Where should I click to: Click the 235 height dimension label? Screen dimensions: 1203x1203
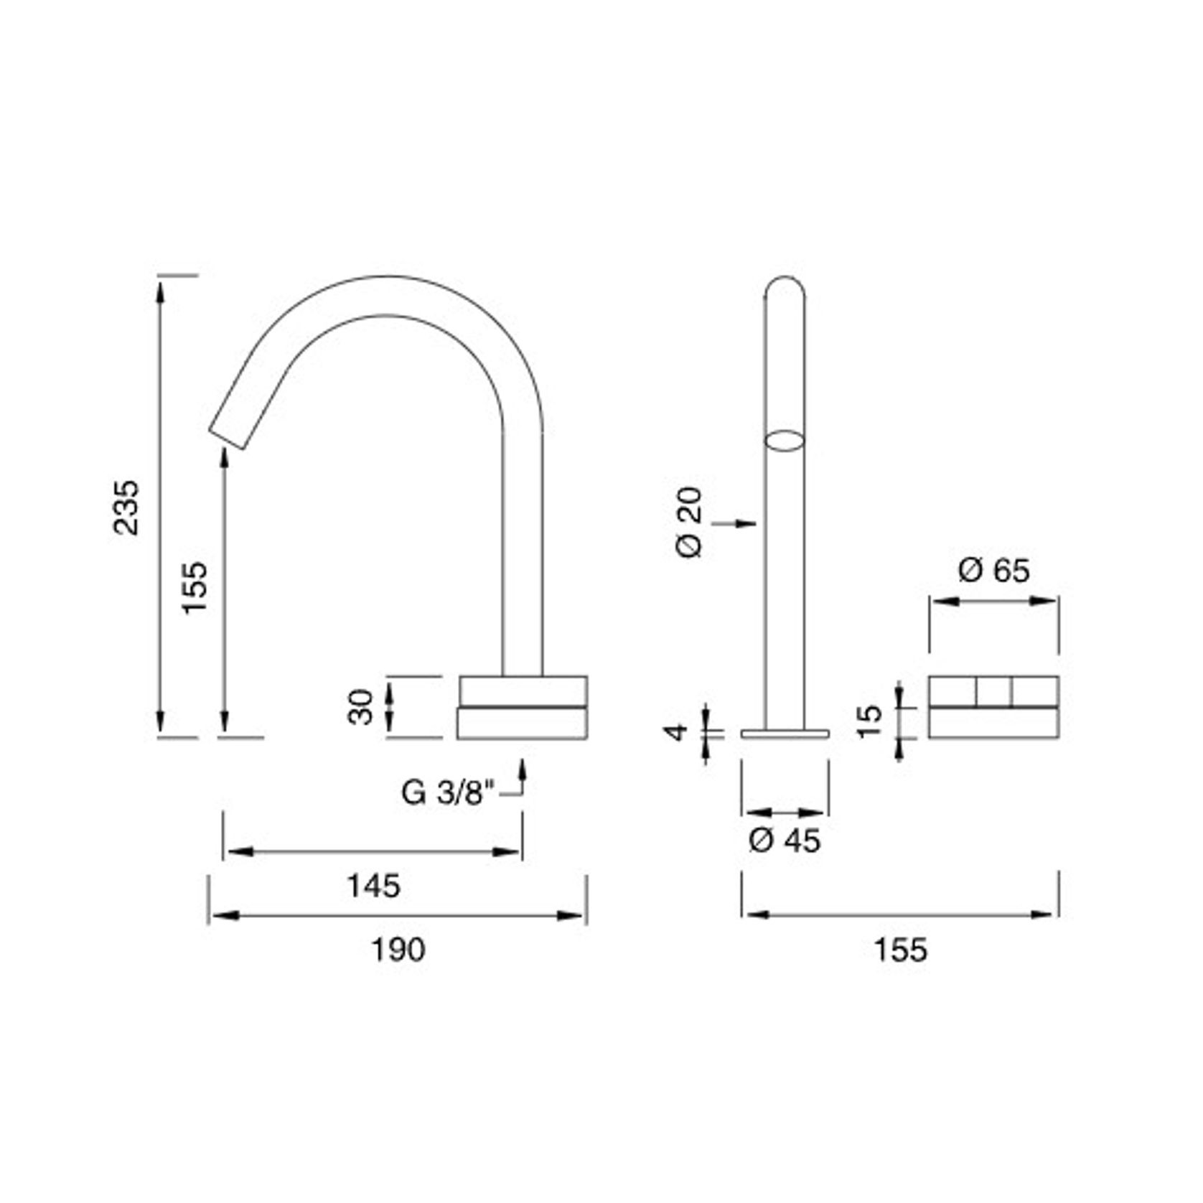pos(126,507)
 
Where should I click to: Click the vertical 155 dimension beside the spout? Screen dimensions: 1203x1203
pos(194,586)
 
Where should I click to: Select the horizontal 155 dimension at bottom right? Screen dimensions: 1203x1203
pos(900,950)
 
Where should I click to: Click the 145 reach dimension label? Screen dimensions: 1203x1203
pos(373,886)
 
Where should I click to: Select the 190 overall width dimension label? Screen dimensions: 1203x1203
pos(398,950)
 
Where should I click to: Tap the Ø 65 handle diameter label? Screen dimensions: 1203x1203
pos(993,571)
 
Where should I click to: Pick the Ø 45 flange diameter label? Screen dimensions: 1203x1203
pos(784,840)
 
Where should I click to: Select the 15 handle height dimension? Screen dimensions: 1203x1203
pos(869,721)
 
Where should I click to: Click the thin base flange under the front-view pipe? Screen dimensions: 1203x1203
pos(785,734)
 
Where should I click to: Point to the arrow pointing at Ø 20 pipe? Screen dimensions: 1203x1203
pos(736,523)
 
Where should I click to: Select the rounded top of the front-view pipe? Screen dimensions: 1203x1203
pos(785,287)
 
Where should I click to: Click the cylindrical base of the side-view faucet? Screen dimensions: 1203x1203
pos(522,707)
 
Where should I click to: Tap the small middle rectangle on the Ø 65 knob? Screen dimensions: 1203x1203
pos(993,691)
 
